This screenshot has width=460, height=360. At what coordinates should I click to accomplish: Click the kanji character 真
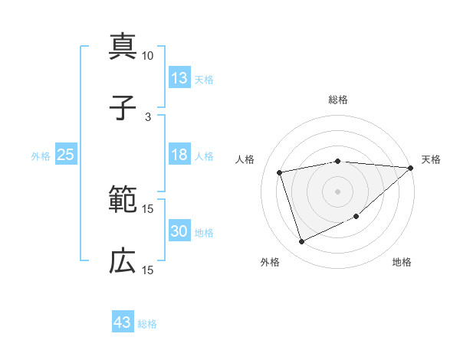(123, 47)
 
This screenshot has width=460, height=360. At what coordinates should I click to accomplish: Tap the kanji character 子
(123, 108)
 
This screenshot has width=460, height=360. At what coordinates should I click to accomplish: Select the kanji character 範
(123, 201)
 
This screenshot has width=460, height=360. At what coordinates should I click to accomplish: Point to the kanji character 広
(123, 261)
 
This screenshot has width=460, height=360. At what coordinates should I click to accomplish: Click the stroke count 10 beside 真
(148, 55)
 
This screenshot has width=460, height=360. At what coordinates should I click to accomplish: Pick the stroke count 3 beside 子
(148, 116)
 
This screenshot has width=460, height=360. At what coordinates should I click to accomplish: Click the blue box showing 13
(179, 78)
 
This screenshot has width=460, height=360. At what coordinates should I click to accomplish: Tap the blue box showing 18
(179, 155)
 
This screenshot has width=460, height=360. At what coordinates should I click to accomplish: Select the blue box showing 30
(179, 232)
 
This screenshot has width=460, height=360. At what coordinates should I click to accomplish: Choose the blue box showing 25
(66, 155)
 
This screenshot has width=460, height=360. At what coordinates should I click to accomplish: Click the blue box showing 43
(123, 322)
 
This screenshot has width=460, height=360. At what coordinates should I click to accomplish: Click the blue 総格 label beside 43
(147, 324)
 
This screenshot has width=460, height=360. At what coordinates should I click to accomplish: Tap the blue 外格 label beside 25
(41, 156)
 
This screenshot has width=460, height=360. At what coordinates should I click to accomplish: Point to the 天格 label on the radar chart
(431, 159)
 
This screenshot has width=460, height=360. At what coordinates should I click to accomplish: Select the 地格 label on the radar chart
(402, 262)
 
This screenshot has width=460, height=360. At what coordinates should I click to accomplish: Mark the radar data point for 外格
(301, 242)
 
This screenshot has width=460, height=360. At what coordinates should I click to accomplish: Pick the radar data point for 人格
(280, 172)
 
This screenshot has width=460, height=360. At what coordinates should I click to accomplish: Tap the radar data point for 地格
(357, 217)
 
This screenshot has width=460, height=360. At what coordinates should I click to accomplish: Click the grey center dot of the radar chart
(337, 191)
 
